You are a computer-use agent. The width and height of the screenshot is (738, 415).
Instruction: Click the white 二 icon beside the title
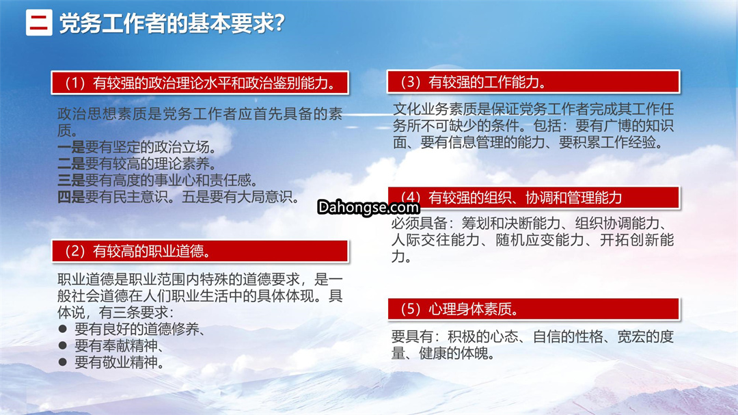click(39, 23)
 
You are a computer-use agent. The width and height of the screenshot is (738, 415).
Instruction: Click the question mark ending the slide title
click(279, 23)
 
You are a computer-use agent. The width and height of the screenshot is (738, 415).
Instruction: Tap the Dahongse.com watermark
click(368, 206)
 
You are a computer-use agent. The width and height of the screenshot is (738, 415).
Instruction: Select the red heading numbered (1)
click(200, 83)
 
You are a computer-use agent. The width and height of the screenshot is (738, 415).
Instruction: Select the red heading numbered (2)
click(200, 251)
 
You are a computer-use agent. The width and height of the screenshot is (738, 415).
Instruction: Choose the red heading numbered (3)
click(533, 82)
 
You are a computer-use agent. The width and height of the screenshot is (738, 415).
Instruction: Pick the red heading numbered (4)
click(534, 198)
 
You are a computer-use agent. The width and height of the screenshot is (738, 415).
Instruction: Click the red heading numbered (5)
click(534, 309)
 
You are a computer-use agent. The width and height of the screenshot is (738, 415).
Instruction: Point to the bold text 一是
click(71, 148)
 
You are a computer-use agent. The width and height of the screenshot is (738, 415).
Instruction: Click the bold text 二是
click(71, 164)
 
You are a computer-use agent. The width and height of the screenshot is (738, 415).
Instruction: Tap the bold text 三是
click(71, 180)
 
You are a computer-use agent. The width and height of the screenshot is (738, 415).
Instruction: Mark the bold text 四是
click(71, 197)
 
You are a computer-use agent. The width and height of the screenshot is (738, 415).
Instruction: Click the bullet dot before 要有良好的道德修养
click(63, 329)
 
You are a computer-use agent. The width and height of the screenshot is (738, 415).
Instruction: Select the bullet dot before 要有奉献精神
click(63, 345)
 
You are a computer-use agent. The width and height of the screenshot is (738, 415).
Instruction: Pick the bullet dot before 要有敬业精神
click(63, 362)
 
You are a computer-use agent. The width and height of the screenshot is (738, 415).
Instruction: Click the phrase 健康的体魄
click(453, 353)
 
